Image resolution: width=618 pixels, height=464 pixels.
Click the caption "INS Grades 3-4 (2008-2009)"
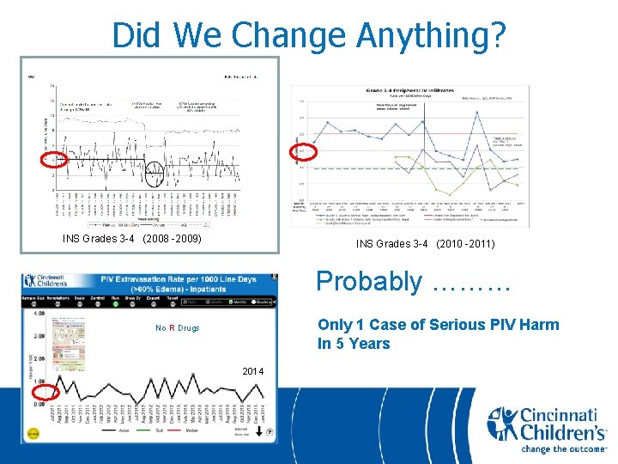(132, 238)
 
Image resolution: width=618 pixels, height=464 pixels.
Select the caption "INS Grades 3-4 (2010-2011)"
(425, 244)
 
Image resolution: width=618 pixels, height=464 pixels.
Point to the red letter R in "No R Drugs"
(172, 328)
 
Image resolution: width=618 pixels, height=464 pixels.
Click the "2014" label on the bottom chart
(253, 370)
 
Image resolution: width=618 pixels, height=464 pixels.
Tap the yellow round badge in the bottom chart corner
(33, 434)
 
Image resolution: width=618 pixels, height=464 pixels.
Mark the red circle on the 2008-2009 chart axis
(54, 158)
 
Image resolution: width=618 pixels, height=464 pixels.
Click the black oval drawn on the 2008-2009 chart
(154, 174)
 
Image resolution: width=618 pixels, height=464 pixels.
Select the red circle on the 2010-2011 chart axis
(305, 151)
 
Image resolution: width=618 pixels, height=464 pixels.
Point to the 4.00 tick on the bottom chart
(38, 313)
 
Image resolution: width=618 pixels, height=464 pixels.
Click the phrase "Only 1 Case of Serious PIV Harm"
(438, 325)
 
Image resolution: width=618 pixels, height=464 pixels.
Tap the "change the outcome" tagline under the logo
(549, 449)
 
